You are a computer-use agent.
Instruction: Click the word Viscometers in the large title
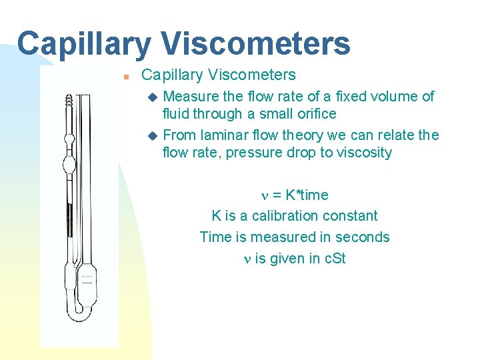tap(255, 43)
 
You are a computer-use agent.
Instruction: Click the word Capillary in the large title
tap(84, 43)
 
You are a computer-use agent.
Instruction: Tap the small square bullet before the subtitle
tap(125, 77)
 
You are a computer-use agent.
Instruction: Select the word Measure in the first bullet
tap(189, 97)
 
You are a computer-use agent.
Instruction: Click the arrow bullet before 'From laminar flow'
tap(153, 135)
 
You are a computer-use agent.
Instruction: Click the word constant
tap(351, 216)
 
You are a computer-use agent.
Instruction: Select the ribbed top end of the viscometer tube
tap(69, 101)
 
